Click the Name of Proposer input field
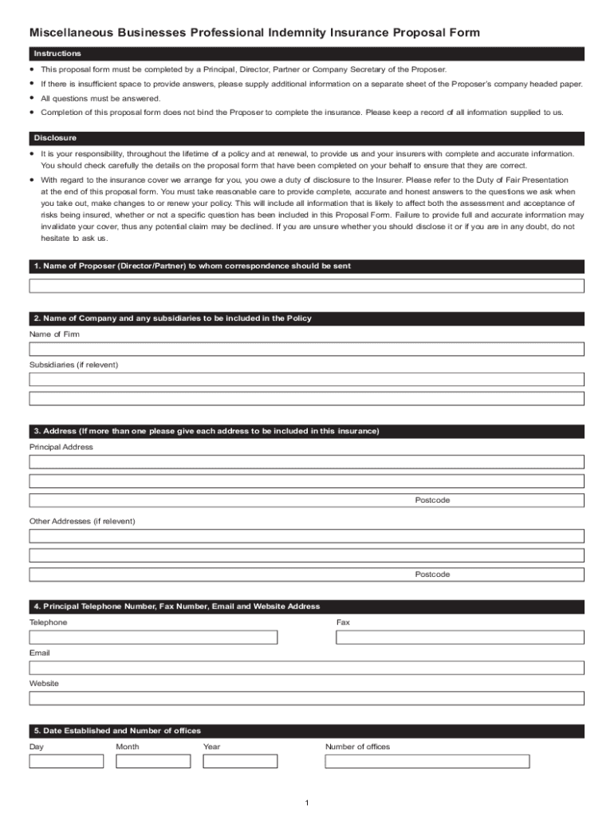pos(307,286)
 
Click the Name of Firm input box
pos(307,349)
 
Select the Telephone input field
pos(153,637)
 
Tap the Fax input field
pos(459,637)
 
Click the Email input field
pos(307,668)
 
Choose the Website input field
pos(307,699)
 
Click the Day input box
pos(66,761)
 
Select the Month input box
pos(153,761)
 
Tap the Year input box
pos(239,761)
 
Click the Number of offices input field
pos(427,761)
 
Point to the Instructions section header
pos(57,53)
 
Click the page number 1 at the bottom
pos(306,802)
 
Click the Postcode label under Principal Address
pos(432,500)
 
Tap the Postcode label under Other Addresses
pos(432,574)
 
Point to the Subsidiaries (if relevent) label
pos(73,365)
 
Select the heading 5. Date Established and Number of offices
pos(117,731)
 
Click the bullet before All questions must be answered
pos(32,98)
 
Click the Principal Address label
pos(61,447)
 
